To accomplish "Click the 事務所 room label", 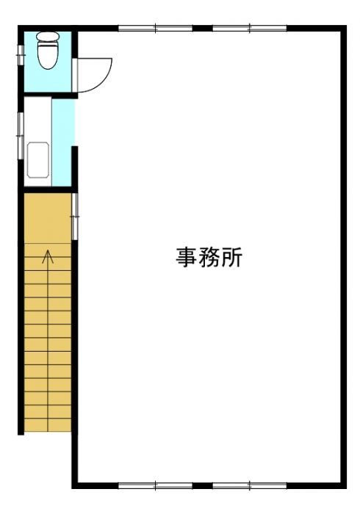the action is coord(209,257).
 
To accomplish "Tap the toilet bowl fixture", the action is coord(48,55).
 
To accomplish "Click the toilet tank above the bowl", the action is coord(48,36).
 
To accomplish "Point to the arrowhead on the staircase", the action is coord(48,256).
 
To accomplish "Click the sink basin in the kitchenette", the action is coord(38,159).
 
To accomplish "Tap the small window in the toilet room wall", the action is coord(21,55).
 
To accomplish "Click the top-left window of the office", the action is coord(156,28).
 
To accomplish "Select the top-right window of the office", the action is coord(250,28).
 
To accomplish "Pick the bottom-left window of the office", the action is coord(156,485).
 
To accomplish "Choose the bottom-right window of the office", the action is coord(250,485).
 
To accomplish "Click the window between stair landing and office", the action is coord(75,217).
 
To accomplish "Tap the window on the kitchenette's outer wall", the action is coord(21,135).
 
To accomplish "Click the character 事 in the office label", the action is coord(186,257).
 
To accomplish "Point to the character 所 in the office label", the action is coord(232,257).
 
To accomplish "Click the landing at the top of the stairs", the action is coord(48,218).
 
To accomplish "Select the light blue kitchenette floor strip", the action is coord(62,142).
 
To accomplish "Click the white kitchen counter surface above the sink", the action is coord(38,120).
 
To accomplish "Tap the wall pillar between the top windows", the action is coord(203,28).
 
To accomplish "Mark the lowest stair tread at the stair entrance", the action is coord(48,425).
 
